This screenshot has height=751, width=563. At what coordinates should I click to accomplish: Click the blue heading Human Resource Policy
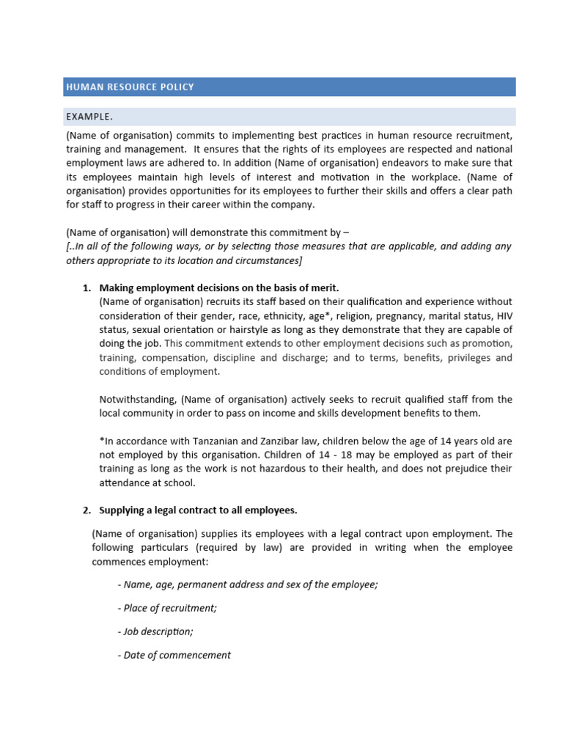(x=130, y=87)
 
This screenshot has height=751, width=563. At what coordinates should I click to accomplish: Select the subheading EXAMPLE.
(x=89, y=117)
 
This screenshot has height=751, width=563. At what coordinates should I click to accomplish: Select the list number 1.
(x=86, y=287)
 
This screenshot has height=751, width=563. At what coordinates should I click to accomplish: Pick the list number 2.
(x=86, y=510)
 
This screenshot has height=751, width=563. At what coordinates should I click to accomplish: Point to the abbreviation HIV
(x=504, y=315)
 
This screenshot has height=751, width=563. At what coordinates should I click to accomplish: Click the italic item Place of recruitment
(x=167, y=608)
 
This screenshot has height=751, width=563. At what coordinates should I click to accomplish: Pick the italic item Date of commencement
(x=174, y=655)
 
